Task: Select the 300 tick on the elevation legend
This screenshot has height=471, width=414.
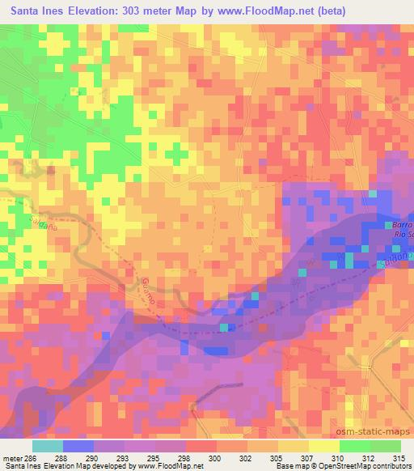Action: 213,456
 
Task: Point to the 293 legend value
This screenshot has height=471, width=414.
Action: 121,456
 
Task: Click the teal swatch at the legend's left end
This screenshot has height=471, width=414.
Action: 48,445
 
